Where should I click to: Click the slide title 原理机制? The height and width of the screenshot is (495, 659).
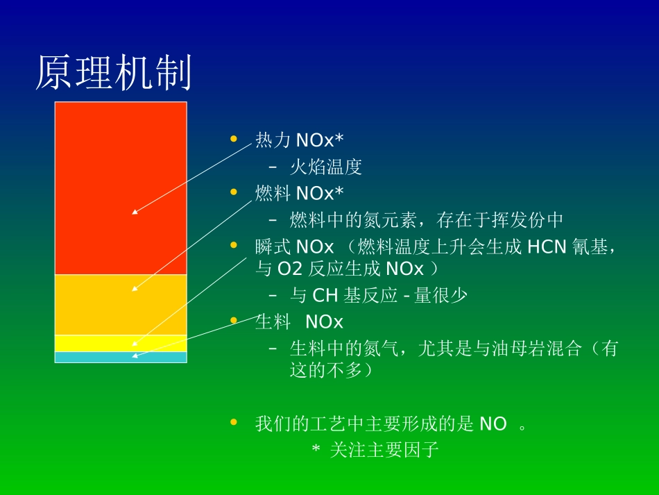(x=113, y=73)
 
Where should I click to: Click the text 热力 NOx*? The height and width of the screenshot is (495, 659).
(x=299, y=140)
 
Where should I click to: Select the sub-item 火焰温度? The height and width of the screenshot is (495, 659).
(x=325, y=167)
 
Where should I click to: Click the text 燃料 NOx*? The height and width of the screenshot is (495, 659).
(x=299, y=193)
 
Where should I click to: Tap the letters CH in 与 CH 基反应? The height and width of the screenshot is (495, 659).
(x=325, y=295)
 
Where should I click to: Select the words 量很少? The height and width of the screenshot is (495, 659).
(x=440, y=295)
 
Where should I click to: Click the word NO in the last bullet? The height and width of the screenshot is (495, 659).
(x=493, y=423)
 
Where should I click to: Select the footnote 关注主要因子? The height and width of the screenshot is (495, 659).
(x=384, y=450)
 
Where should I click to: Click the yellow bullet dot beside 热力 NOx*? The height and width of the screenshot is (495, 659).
(x=234, y=139)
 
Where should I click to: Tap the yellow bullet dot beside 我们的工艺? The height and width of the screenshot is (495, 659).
(x=234, y=422)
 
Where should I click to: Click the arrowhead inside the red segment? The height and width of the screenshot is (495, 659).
(x=135, y=212)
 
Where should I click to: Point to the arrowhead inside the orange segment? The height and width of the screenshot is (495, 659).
(x=135, y=288)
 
